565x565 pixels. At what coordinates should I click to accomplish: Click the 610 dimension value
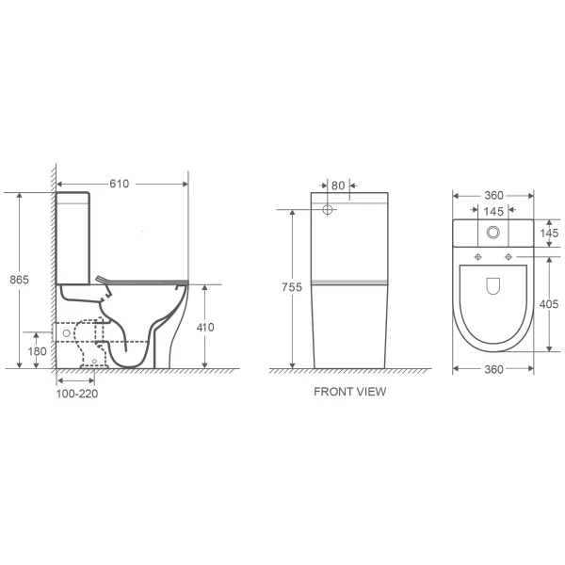point(120,184)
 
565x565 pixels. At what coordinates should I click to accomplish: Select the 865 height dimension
point(19,280)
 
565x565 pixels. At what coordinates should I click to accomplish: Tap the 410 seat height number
point(205,327)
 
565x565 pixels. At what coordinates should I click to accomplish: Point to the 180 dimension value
point(37,351)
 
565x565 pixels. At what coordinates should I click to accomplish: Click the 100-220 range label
point(77,394)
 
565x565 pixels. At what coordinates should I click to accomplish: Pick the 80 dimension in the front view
point(338,186)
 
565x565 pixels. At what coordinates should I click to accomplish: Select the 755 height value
point(292,287)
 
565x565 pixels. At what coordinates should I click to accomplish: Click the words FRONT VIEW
point(350,392)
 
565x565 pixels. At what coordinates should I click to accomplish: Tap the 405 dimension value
point(548,304)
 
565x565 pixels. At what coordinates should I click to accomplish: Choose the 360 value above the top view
point(493,195)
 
